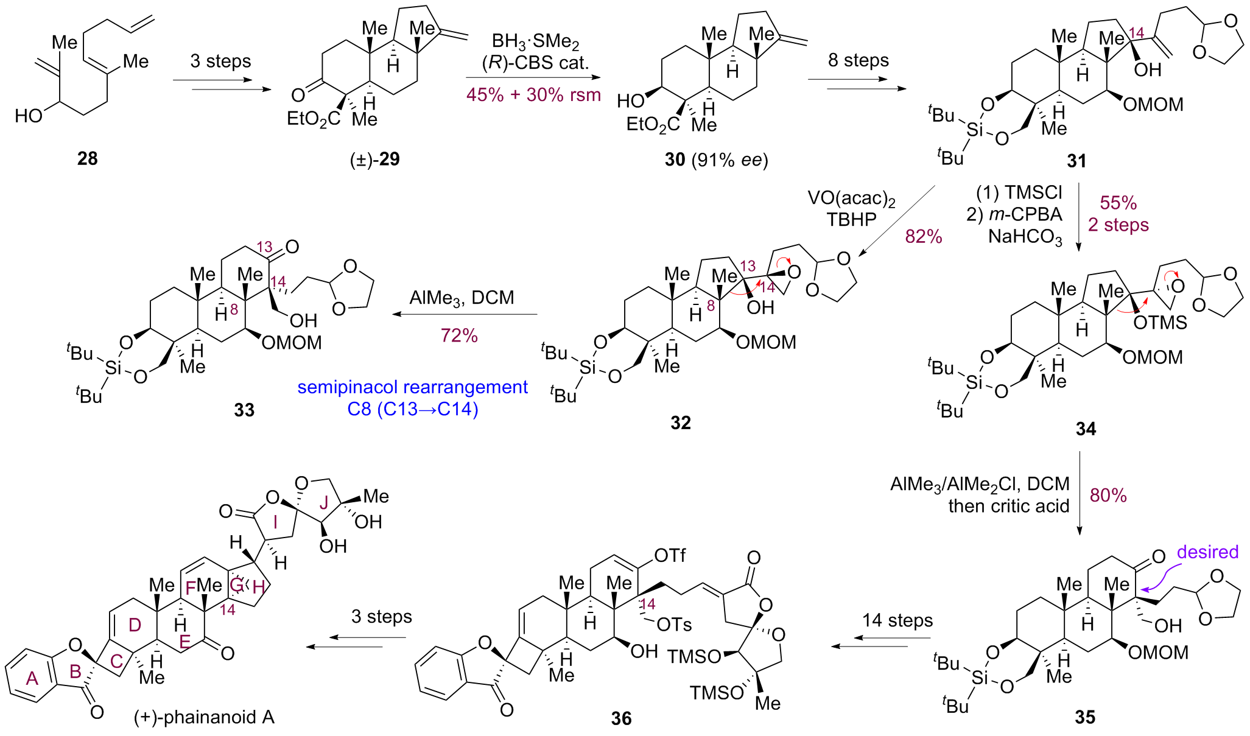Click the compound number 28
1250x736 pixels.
click(87, 159)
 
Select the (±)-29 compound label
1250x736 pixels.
click(374, 159)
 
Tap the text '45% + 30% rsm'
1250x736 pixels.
click(533, 95)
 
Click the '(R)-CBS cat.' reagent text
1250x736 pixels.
click(535, 63)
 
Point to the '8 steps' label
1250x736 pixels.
click(858, 60)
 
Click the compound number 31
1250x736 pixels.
click(1076, 161)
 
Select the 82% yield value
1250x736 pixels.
click(923, 236)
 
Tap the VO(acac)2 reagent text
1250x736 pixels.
click(851, 198)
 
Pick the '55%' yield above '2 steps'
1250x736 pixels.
click(1118, 203)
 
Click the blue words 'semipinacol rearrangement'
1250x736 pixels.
click(412, 387)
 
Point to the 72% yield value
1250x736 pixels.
click(459, 335)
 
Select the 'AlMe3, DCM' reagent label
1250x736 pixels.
click(462, 298)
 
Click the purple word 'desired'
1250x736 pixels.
click(1207, 552)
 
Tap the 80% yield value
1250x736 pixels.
click(1108, 496)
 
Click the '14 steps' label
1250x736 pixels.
click(897, 620)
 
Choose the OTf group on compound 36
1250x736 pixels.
click(669, 555)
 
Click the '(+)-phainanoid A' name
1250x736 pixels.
click(204, 717)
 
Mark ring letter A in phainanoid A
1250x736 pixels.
click(32, 678)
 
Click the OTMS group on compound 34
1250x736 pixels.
click(1160, 322)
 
